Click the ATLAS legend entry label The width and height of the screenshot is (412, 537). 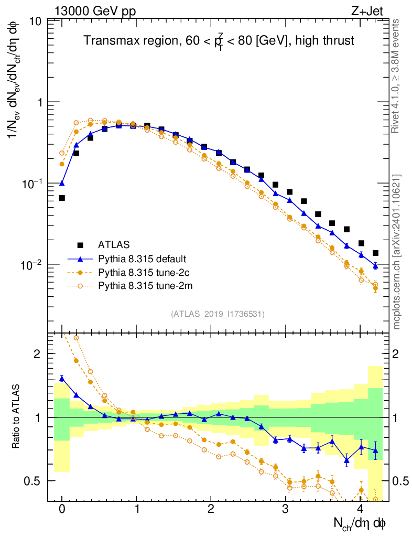click(x=114, y=244)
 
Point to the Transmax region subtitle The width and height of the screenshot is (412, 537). click(x=219, y=40)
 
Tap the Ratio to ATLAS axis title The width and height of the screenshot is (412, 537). click(x=17, y=417)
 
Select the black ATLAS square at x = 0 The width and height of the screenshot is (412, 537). click(x=62, y=198)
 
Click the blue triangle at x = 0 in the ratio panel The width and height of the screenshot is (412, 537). click(x=62, y=378)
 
